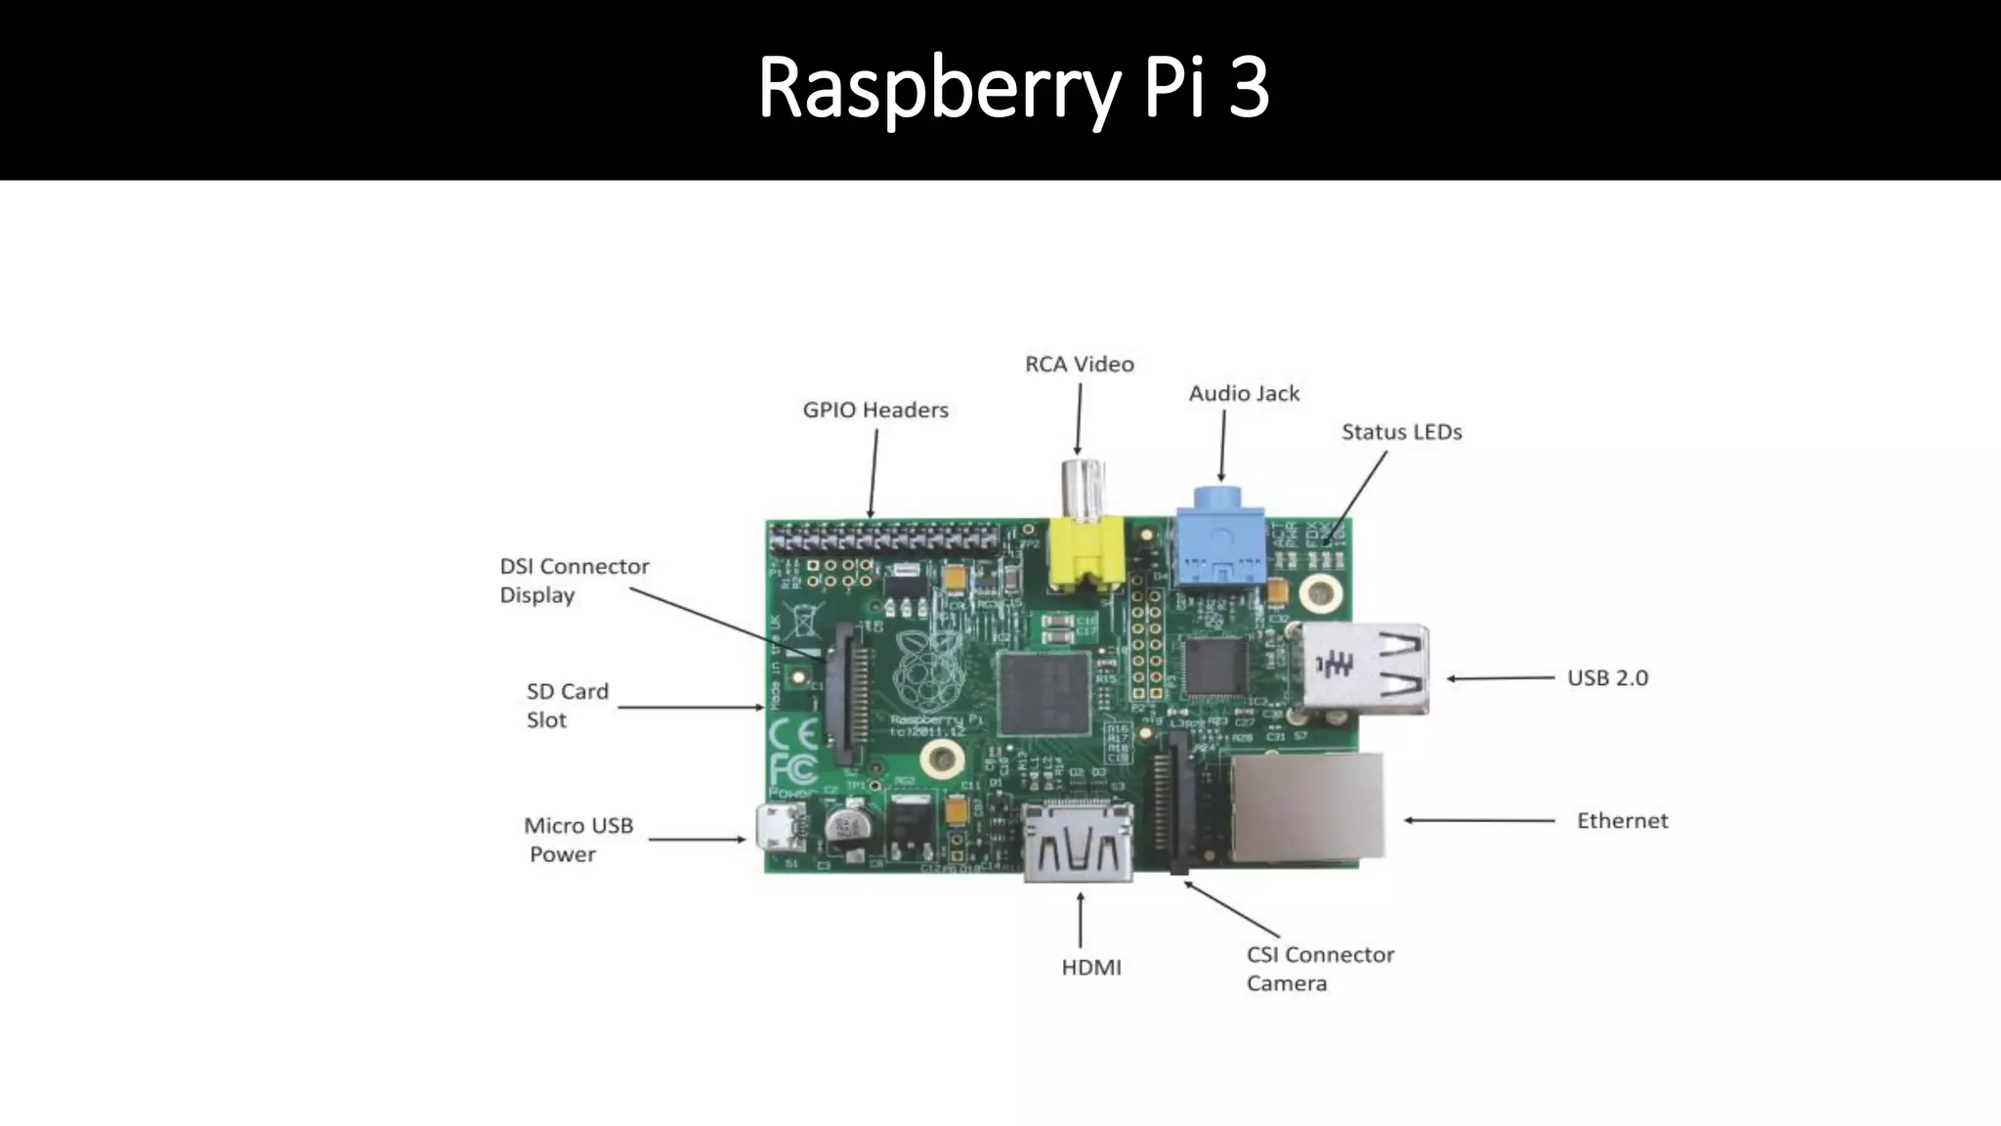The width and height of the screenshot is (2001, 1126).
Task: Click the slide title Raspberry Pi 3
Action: [1013, 88]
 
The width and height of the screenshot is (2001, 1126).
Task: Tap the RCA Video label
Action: [1079, 365]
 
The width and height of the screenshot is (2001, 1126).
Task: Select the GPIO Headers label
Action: [875, 411]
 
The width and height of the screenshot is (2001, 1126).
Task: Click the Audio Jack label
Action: [1244, 394]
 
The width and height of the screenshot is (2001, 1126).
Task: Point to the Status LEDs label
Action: [1401, 432]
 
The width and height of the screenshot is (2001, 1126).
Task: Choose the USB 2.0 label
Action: [1607, 678]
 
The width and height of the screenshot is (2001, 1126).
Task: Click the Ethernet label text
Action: [1622, 821]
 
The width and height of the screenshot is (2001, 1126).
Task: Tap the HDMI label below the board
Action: [1091, 968]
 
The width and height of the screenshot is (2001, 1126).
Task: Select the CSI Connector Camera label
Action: [1319, 969]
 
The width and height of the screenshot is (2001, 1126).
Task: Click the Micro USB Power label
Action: [577, 840]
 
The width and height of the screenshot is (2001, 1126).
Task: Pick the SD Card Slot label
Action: [567, 706]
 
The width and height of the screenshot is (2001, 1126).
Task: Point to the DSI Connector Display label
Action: [574, 581]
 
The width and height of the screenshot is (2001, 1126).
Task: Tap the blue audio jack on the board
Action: [1219, 547]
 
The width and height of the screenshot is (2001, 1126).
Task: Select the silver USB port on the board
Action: [1360, 669]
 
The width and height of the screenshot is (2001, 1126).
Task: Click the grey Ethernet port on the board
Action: [1307, 807]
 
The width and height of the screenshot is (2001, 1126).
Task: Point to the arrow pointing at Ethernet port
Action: [1479, 821]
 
